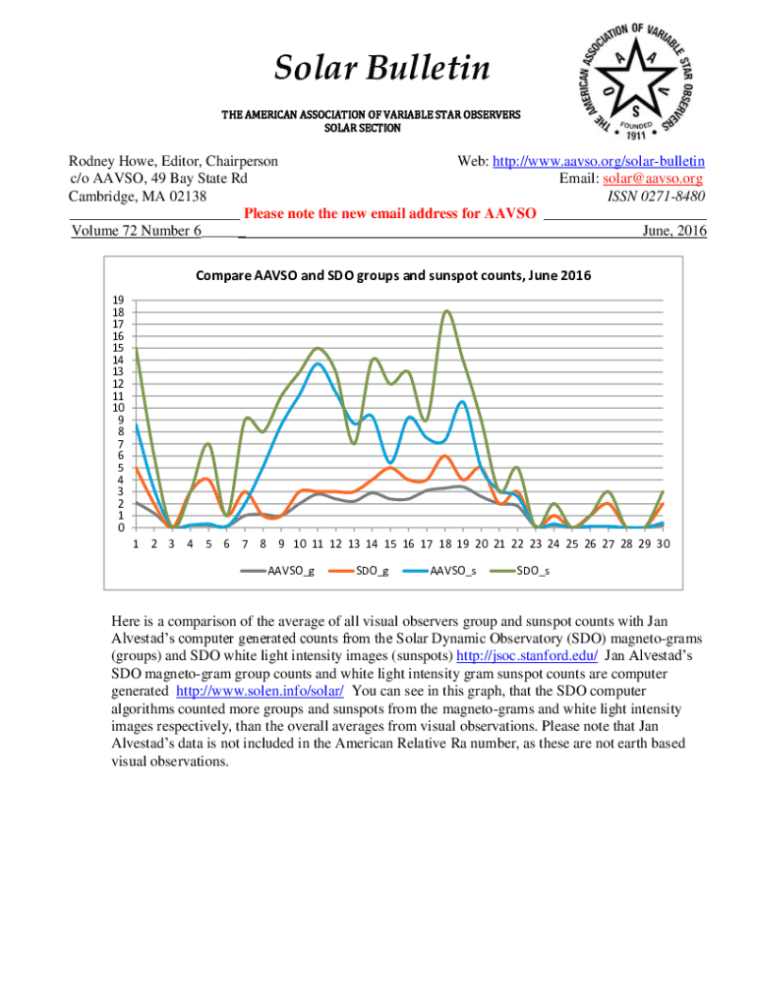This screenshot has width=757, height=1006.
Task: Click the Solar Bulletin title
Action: pyautogui.click(x=381, y=69)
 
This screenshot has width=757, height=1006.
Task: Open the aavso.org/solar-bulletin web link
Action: pyautogui.click(x=600, y=160)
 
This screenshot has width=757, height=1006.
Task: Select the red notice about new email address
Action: pyautogui.click(x=389, y=213)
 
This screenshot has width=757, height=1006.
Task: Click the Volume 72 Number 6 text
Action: pyautogui.click(x=137, y=231)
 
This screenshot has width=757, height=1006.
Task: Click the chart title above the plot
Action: pyautogui.click(x=393, y=276)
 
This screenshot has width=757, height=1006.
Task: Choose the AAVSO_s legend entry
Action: pyautogui.click(x=453, y=571)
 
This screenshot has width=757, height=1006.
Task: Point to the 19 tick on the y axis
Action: pyautogui.click(x=118, y=300)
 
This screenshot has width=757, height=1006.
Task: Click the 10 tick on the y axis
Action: pyautogui.click(x=118, y=408)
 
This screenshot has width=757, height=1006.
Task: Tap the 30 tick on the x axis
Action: pyautogui.click(x=664, y=542)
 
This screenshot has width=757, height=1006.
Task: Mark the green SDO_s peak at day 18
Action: pyautogui.click(x=446, y=311)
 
